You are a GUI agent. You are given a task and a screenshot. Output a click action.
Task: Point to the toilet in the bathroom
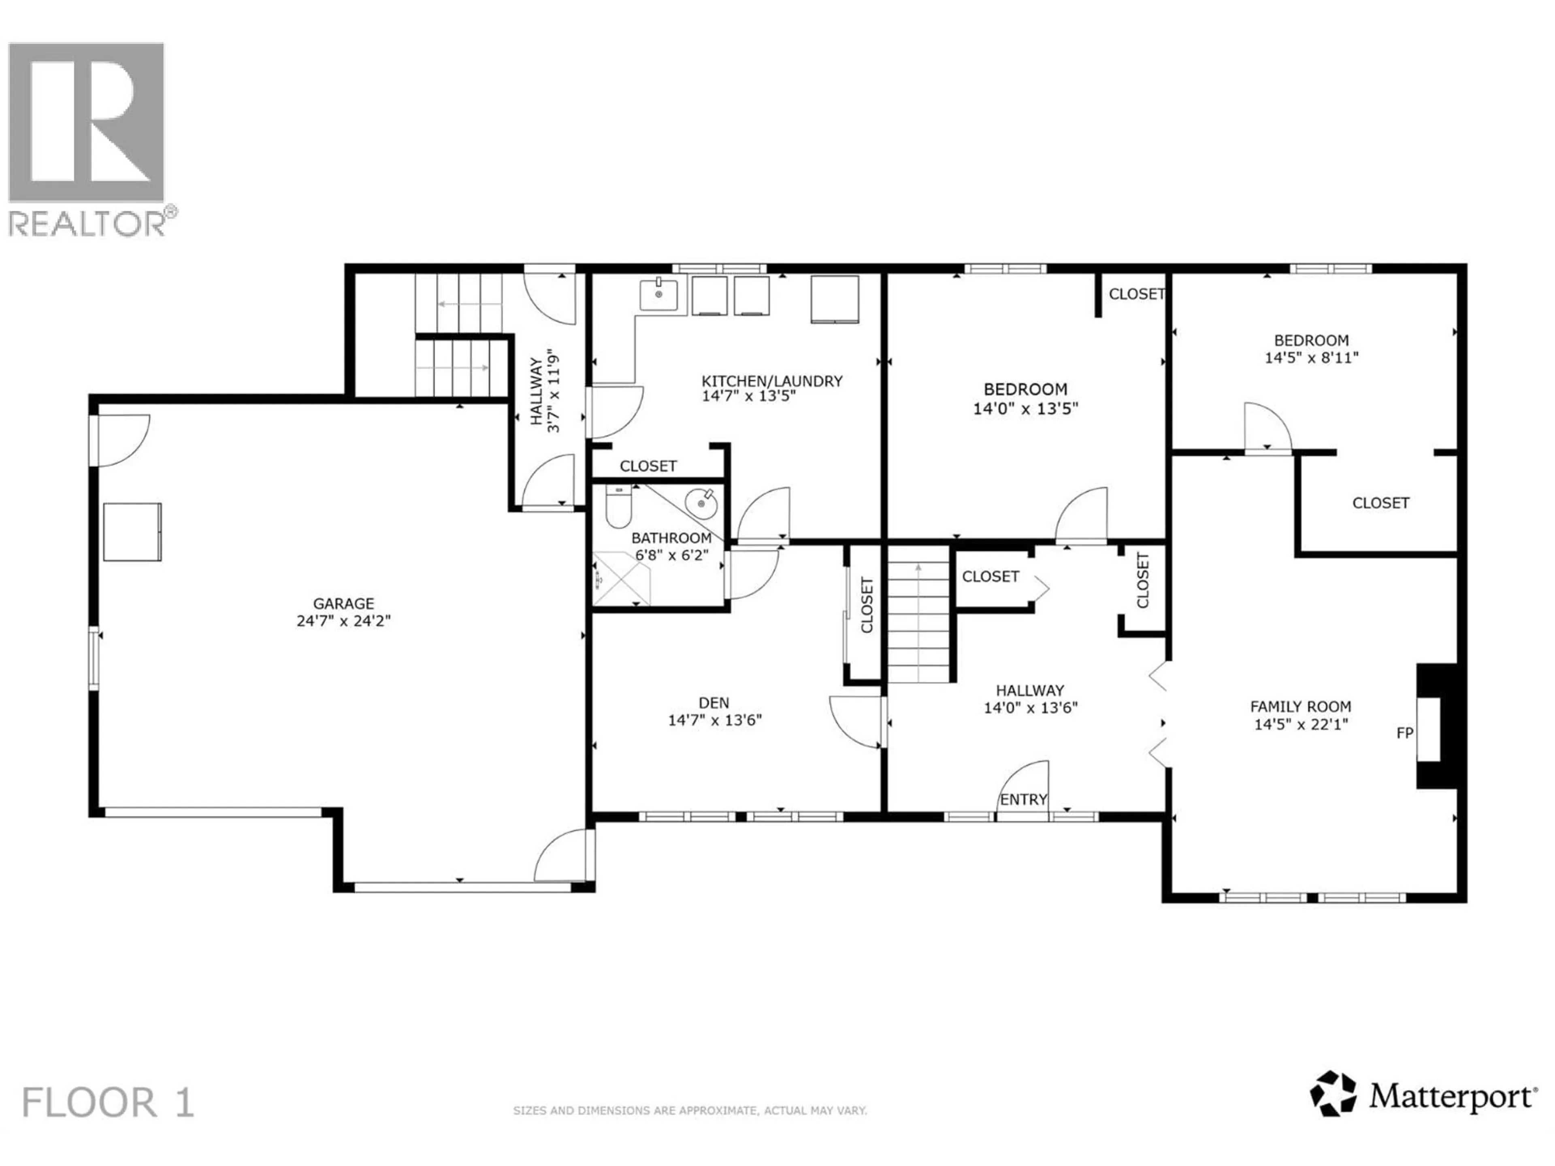point(619,507)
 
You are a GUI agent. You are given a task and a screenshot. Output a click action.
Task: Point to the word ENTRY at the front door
point(1024,799)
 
